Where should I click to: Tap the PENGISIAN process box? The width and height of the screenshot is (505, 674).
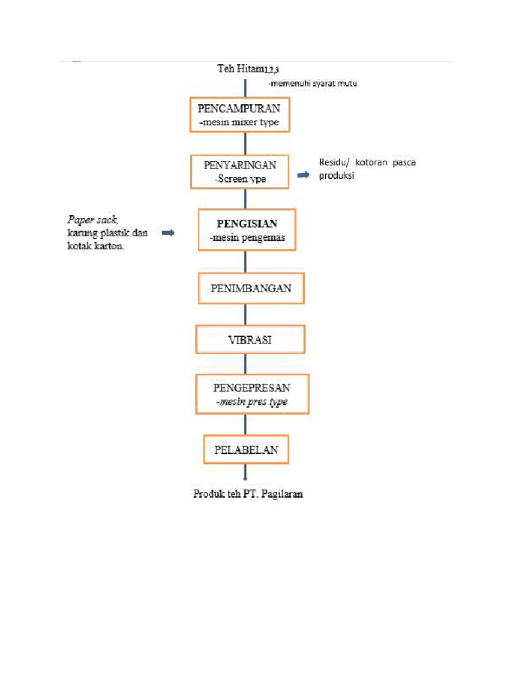[247, 230]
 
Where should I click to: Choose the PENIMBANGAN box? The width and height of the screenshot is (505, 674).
[251, 288]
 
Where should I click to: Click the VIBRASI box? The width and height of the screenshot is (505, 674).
[249, 340]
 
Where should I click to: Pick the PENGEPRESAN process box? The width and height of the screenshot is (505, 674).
[252, 394]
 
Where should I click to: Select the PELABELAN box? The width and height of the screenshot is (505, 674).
[246, 450]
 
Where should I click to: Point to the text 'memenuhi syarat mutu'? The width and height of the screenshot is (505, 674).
[313, 84]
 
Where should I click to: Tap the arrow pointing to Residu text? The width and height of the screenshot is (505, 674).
[303, 175]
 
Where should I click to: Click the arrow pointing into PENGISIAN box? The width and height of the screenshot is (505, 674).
[168, 233]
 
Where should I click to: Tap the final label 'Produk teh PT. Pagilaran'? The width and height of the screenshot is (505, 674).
[248, 493]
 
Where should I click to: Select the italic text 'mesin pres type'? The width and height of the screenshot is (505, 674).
[251, 402]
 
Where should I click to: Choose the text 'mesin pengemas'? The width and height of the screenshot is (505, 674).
[247, 238]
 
